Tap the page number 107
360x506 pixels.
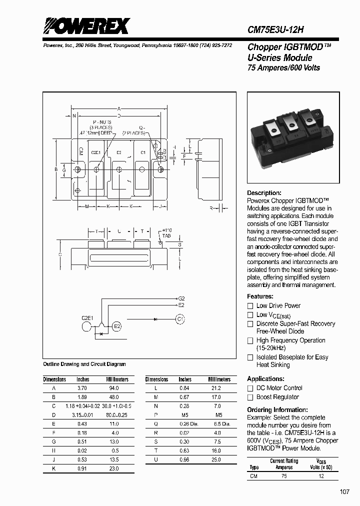tap(344, 492)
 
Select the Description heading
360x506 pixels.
tap(264, 193)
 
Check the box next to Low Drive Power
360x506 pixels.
tap(250, 305)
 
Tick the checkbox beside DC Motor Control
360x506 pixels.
tap(250, 388)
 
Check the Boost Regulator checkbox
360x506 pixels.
tap(250, 397)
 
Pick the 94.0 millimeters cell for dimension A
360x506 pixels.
tap(113, 388)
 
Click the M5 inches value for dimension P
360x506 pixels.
tap(185, 415)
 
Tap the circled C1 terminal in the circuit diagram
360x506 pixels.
tap(180, 318)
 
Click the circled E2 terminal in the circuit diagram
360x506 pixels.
tap(117, 326)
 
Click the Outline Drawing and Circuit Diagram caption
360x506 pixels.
tap(84, 364)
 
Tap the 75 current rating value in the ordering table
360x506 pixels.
tap(284, 476)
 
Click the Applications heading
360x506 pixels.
tap(266, 379)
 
